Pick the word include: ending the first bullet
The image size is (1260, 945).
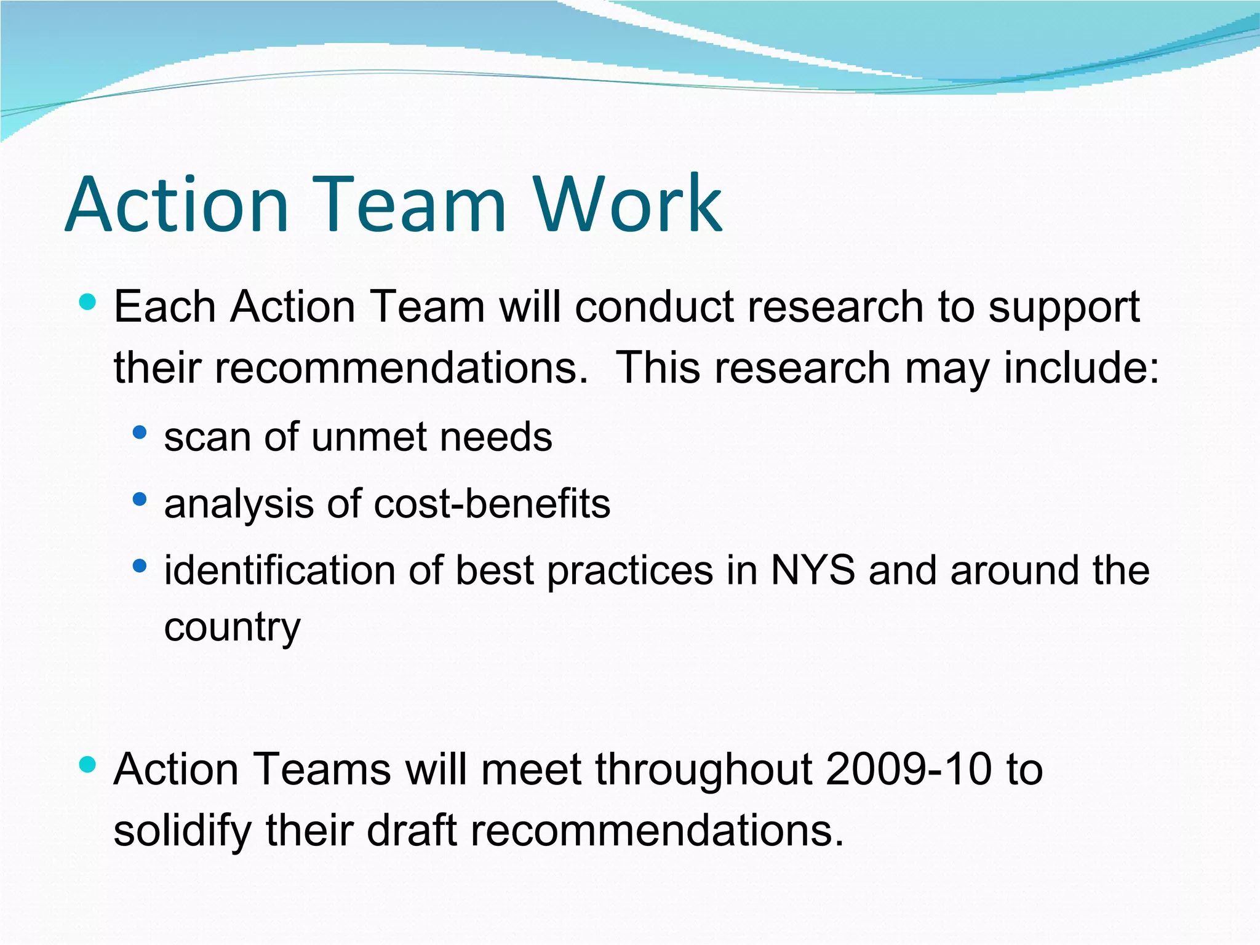(1081, 368)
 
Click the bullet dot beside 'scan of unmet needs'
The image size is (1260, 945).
(140, 433)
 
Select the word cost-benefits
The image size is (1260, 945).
(492, 504)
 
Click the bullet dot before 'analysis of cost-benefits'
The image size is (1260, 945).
(140, 499)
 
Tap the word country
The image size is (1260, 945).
(233, 628)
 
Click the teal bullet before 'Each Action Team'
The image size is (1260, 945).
(88, 302)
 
